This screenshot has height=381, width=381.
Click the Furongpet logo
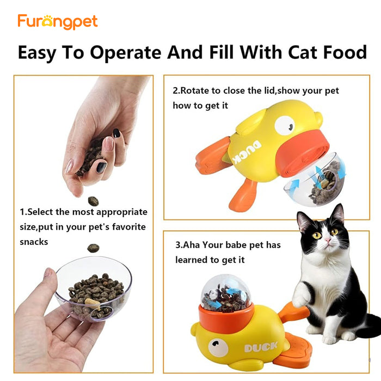click(57, 22)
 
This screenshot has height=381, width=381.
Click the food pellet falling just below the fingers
click(93, 201)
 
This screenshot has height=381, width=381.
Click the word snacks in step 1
click(33, 242)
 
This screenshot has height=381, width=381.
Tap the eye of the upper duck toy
click(284, 126)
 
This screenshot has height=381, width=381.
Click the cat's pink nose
click(328, 239)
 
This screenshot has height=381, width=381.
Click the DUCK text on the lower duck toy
click(260, 347)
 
